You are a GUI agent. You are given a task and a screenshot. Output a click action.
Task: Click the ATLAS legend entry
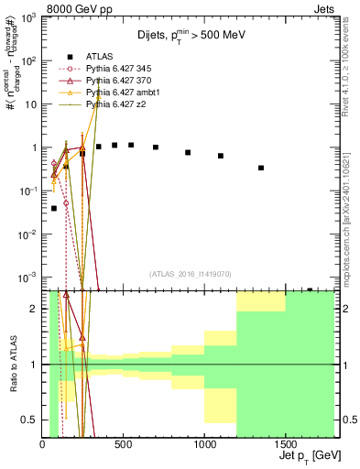point(98,57)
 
